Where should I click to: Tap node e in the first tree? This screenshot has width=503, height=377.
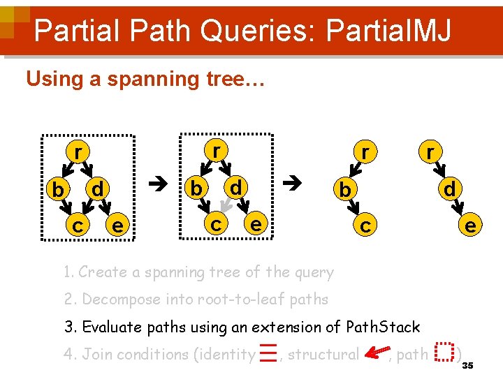click(118, 225)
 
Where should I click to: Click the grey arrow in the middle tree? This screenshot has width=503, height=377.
click(224, 203)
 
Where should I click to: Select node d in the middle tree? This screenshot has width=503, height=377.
click(236, 187)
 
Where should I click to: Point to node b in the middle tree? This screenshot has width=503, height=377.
click(197, 188)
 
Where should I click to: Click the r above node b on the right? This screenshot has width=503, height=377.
click(365, 151)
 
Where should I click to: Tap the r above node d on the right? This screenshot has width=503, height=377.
click(431, 151)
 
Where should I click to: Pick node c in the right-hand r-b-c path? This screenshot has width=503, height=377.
click(364, 225)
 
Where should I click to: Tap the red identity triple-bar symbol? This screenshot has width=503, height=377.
click(267, 355)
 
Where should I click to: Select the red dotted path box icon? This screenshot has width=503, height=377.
click(444, 353)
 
